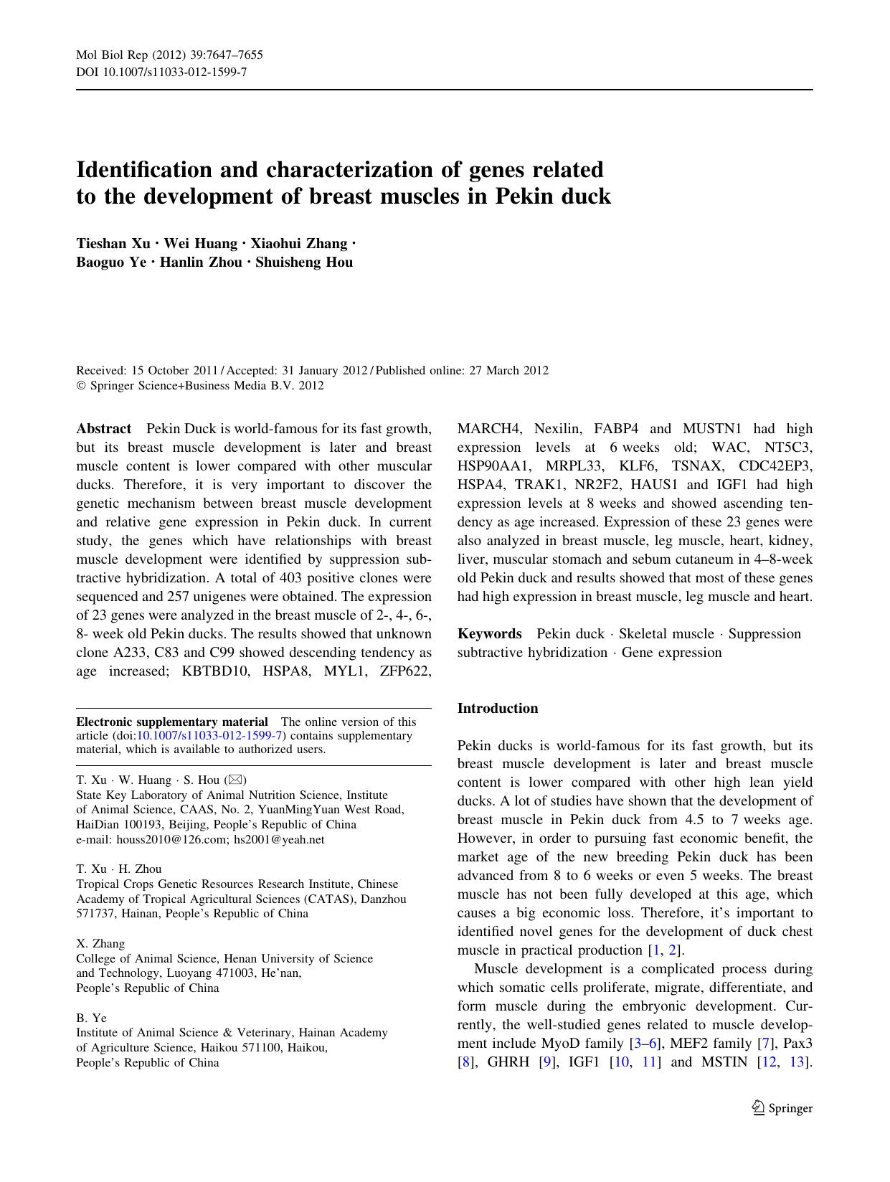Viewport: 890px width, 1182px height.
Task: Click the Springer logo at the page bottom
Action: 782,1108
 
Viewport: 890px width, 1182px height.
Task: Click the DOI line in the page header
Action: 161,72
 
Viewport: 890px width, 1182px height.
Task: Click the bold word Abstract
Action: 104,429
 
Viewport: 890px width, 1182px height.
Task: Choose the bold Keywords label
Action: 489,634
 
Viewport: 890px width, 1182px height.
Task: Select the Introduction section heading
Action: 498,709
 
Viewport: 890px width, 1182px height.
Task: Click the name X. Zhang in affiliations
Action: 100,944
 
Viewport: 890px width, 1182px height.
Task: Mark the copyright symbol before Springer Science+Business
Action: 80,386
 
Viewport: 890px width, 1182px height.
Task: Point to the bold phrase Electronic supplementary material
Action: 172,722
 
